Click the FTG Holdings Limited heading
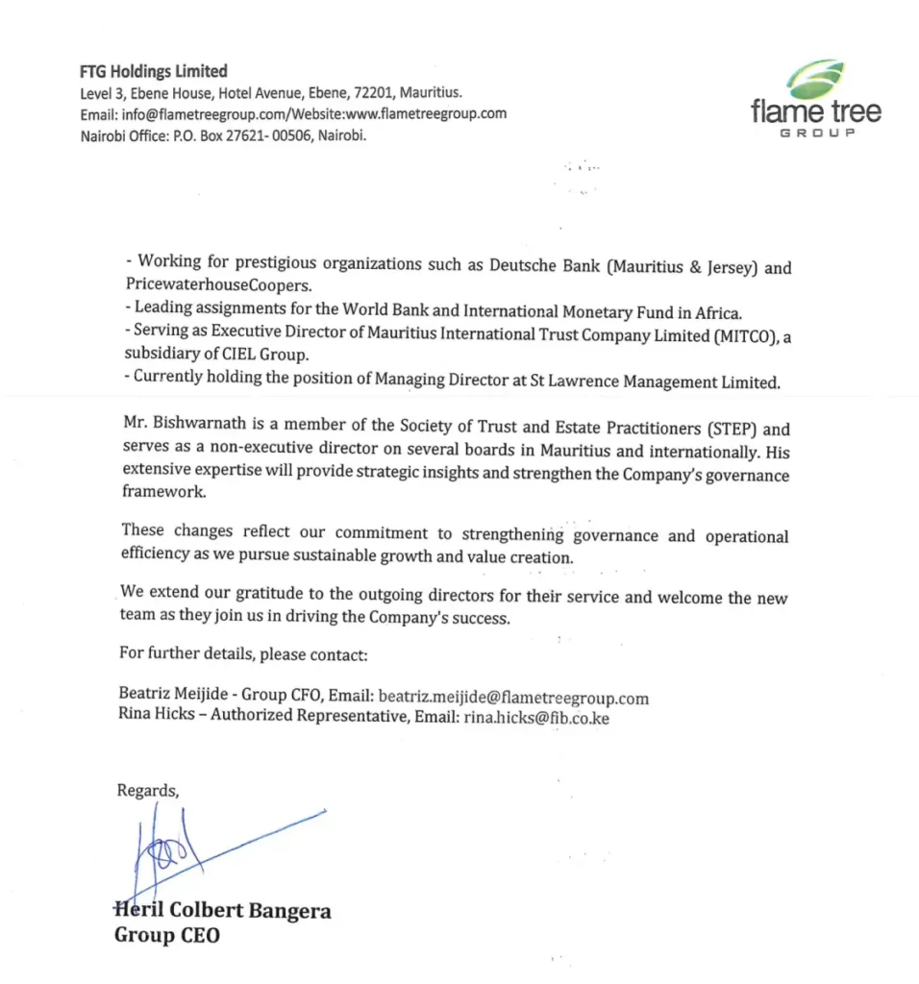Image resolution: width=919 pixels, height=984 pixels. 154,71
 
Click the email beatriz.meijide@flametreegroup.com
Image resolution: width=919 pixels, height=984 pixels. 512,698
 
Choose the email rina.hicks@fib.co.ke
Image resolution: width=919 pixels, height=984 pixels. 536,717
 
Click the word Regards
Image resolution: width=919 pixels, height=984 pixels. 147,790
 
